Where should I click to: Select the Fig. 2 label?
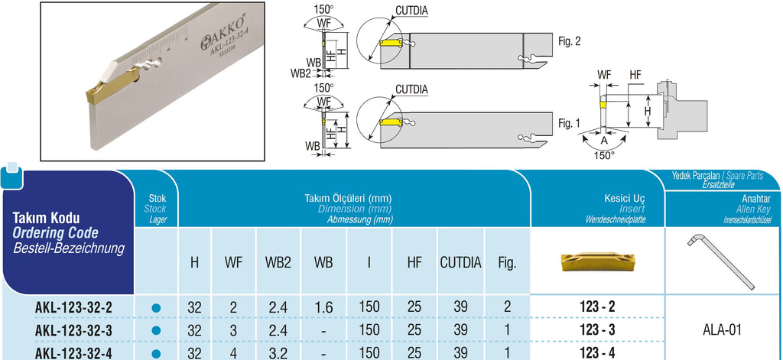(569, 42)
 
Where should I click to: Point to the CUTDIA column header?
(460, 262)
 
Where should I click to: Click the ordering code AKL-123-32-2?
(74, 308)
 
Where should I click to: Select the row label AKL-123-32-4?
(74, 353)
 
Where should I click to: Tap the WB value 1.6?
(323, 308)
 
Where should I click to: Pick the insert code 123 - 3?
(597, 331)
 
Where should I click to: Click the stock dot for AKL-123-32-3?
(156, 331)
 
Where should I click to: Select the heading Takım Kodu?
(47, 219)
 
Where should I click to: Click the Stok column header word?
(156, 198)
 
